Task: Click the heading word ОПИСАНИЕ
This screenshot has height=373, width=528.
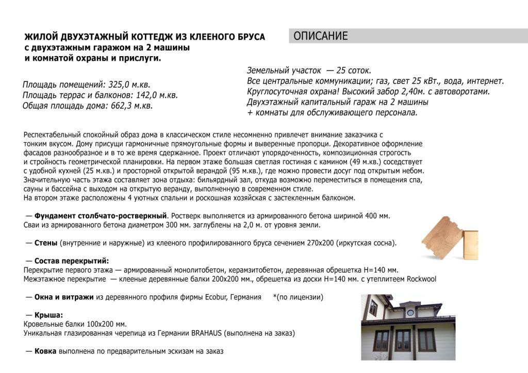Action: [321, 36]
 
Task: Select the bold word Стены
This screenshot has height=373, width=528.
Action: [46, 243]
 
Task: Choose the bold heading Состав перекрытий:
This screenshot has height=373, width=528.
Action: [72, 261]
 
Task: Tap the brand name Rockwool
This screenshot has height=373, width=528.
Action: [421, 279]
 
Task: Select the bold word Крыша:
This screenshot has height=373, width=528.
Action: [48, 315]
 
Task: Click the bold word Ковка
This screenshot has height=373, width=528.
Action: [46, 351]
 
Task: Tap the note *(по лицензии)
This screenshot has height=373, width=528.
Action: [298, 297]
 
